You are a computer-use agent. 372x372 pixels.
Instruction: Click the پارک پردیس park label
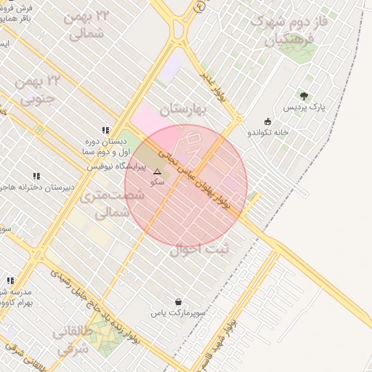300,108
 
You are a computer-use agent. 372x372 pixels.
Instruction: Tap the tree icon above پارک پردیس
304,96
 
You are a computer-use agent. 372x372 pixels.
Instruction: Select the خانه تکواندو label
268,133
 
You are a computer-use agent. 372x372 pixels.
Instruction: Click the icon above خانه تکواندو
268,122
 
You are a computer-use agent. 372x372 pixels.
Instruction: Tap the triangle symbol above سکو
157,172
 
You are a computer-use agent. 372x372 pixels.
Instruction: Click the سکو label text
156,182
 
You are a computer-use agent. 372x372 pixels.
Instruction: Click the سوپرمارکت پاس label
179,312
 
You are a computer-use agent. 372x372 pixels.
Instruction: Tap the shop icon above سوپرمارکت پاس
179,302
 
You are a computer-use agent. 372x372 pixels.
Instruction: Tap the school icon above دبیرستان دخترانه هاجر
36,176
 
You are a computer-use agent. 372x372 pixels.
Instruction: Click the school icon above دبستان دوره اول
106,130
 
